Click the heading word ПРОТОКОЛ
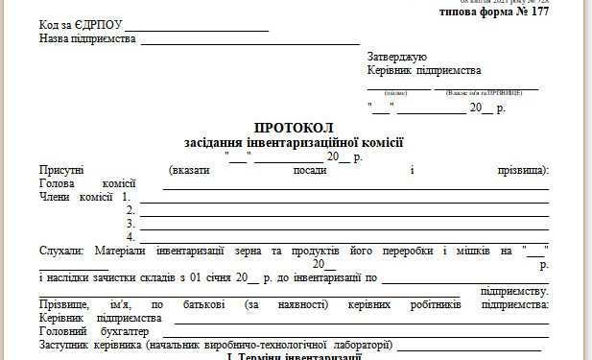click(x=295, y=127)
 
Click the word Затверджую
click(x=396, y=57)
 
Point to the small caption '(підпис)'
click(x=396, y=93)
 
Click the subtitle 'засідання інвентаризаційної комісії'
click(x=295, y=142)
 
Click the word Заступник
click(x=66, y=345)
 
